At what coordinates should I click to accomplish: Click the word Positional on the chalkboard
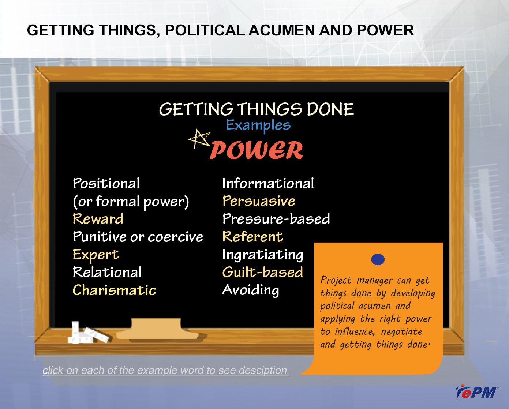(106, 183)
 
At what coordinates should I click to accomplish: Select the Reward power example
(98, 218)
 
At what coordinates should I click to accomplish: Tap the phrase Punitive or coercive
(138, 237)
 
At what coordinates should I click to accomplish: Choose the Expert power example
(96, 255)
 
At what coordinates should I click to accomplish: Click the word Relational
(107, 272)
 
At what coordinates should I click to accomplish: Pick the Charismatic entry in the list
(115, 290)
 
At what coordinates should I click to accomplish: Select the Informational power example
(268, 183)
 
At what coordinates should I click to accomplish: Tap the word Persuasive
(259, 201)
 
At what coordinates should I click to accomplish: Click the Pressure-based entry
(276, 218)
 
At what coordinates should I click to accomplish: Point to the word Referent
(252, 237)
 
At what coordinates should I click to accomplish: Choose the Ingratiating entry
(262, 255)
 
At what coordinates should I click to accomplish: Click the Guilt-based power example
(262, 272)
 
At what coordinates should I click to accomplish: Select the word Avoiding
(251, 290)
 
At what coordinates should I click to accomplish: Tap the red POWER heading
(257, 150)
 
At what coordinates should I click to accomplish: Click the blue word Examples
(258, 125)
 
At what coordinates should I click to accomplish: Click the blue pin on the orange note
(378, 259)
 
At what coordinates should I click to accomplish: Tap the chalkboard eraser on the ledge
(157, 329)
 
